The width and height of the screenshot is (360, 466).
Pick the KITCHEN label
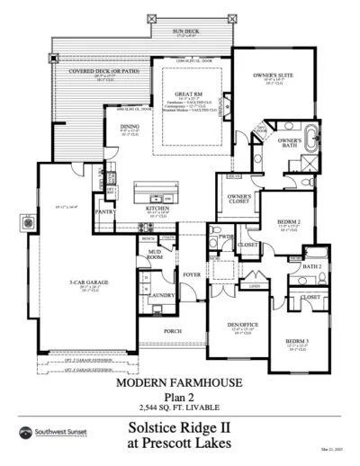pyautogui.click(x=157, y=209)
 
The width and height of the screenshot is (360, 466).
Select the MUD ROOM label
pyautogui.click(x=154, y=254)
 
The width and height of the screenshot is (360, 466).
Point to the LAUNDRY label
pyautogui.click(x=162, y=295)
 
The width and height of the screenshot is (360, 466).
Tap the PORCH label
pyautogui.click(x=173, y=330)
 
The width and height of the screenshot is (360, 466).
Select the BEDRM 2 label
pyautogui.click(x=288, y=220)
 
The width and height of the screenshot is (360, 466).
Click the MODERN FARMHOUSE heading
pyautogui.click(x=179, y=382)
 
